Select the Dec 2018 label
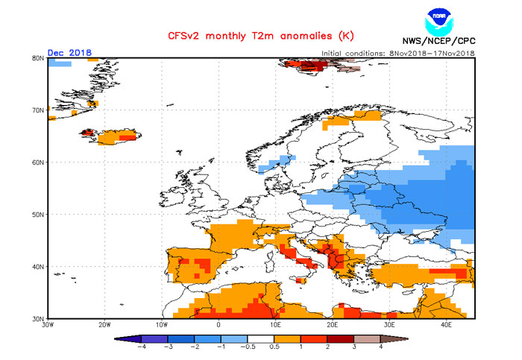pos(69,53)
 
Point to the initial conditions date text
pos(397,53)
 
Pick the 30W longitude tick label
pos(48,326)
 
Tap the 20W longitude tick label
pos(104,326)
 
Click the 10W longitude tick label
pos(161,326)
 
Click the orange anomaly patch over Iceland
pos(116,137)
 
